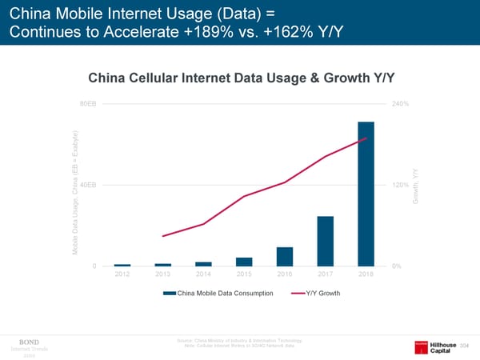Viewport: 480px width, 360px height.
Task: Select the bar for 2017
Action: (x=325, y=241)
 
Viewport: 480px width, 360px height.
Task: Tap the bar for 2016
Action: (x=284, y=256)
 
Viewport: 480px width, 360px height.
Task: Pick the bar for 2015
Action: (x=243, y=262)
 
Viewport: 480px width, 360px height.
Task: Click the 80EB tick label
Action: (x=90, y=104)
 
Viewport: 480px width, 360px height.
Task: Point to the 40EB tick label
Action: (x=90, y=185)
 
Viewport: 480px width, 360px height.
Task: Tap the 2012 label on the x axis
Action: (x=122, y=275)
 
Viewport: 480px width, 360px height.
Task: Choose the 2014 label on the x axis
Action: (x=203, y=275)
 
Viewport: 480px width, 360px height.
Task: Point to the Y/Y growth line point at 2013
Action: (x=162, y=236)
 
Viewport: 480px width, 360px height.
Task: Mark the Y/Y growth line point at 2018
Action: (x=366, y=138)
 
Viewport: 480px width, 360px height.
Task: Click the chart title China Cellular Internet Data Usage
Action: (x=242, y=78)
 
